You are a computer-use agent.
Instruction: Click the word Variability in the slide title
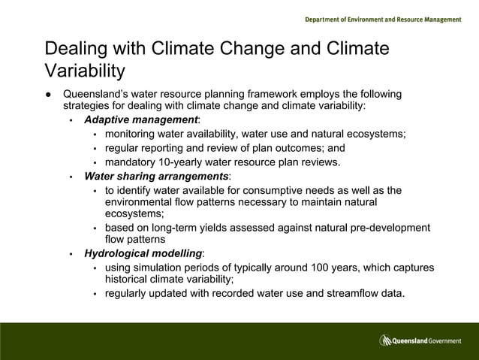(x=84, y=71)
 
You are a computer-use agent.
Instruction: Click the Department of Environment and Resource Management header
(x=383, y=20)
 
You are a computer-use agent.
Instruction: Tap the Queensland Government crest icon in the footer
(x=385, y=340)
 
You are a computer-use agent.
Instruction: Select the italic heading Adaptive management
(x=141, y=119)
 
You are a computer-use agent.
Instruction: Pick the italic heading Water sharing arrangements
(x=155, y=176)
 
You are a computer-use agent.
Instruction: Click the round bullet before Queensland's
(x=48, y=95)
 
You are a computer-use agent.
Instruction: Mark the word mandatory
(x=131, y=162)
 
